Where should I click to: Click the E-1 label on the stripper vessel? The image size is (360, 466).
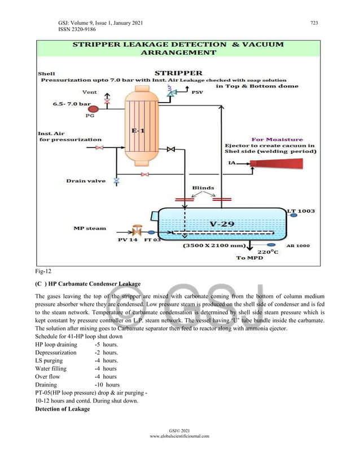tap(137, 131)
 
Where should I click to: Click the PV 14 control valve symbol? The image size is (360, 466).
tap(136, 231)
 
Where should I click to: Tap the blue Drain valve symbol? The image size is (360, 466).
tap(117, 181)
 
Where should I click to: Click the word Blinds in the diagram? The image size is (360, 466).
tap(203, 188)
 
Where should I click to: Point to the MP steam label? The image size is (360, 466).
tap(90, 228)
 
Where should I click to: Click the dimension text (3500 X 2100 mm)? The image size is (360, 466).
tap(213, 246)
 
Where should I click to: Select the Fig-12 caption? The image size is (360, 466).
tap(43, 271)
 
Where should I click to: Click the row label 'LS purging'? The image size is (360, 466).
tap(51, 361)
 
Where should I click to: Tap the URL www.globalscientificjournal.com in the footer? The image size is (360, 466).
tap(179, 436)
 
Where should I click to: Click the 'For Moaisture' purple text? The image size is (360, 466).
tap(276, 139)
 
